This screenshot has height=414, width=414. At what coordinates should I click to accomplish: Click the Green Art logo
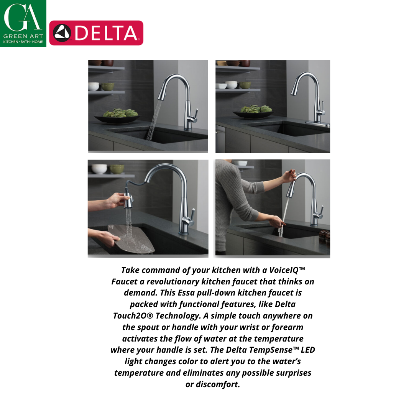pyautogui.click(x=23, y=23)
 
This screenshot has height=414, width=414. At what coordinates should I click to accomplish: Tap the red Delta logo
pyautogui.click(x=96, y=33)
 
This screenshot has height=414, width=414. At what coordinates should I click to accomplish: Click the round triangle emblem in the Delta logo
pyautogui.click(x=62, y=33)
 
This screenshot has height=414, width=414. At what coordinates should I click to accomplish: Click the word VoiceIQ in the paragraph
pyautogui.click(x=287, y=270)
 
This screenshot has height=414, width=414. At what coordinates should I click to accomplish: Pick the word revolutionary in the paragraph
pyautogui.click(x=172, y=282)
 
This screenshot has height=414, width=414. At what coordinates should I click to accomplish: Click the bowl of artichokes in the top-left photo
pyautogui.click(x=118, y=116)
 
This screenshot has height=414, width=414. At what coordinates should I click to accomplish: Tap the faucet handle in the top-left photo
pyautogui.click(x=195, y=116)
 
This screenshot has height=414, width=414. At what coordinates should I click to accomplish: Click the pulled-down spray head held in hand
pyautogui.click(x=128, y=200)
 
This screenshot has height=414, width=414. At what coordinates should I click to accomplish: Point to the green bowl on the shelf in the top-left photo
pyautogui.click(x=108, y=87)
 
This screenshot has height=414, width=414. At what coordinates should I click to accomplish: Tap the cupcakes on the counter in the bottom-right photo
pyautogui.click(x=325, y=236)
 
